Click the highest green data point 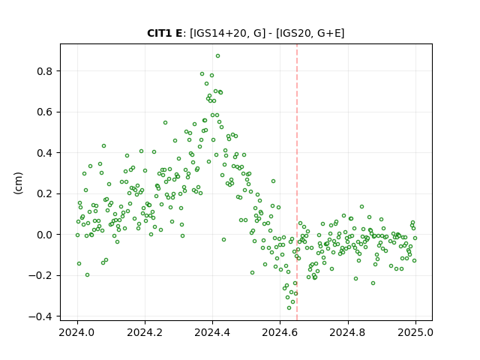point(217,56)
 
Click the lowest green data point point(289,307)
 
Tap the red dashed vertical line point(297,182)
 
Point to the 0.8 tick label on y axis point(45,71)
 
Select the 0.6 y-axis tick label point(45,112)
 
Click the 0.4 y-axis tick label point(45,153)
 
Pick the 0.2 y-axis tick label point(45,193)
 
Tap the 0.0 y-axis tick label point(45,235)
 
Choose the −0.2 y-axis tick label point(40,275)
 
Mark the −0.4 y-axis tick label point(40,316)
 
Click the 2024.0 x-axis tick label point(77,332)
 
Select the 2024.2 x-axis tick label point(145,332)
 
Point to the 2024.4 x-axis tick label point(212,332)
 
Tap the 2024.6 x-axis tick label point(280,332)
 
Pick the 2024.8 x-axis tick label point(348,332)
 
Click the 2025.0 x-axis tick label point(415,332)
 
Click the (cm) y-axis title point(18,183)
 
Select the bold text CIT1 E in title point(165,33)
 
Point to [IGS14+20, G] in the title point(228,33)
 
